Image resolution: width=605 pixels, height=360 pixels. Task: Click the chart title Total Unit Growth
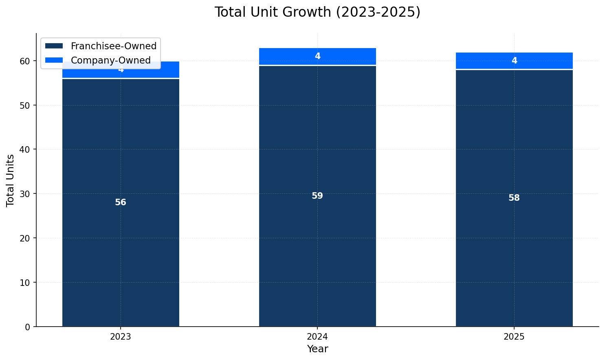pyautogui.click(x=317, y=12)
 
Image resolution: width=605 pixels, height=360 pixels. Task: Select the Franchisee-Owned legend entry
pyautogui.click(x=113, y=46)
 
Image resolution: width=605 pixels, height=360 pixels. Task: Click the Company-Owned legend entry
pyautogui.click(x=110, y=60)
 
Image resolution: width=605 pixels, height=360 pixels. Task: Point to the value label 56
pyautogui.click(x=121, y=202)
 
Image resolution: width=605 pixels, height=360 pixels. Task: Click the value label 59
pyautogui.click(x=317, y=196)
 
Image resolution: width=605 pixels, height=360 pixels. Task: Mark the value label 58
pyautogui.click(x=514, y=198)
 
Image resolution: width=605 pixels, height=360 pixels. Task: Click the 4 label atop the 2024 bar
pyautogui.click(x=317, y=56)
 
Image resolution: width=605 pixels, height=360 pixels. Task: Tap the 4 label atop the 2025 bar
pyautogui.click(x=514, y=61)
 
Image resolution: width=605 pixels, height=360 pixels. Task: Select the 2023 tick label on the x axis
pyautogui.click(x=121, y=337)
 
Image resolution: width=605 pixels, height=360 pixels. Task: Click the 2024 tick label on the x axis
pyautogui.click(x=317, y=337)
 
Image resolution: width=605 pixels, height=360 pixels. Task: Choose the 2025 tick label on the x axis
pyautogui.click(x=514, y=337)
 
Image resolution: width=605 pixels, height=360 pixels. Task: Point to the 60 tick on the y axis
pyautogui.click(x=25, y=61)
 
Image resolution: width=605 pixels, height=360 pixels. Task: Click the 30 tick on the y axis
pyautogui.click(x=25, y=194)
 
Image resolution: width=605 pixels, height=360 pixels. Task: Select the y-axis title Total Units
pyautogui.click(x=11, y=180)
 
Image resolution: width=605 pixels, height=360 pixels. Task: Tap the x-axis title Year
pyautogui.click(x=317, y=349)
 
